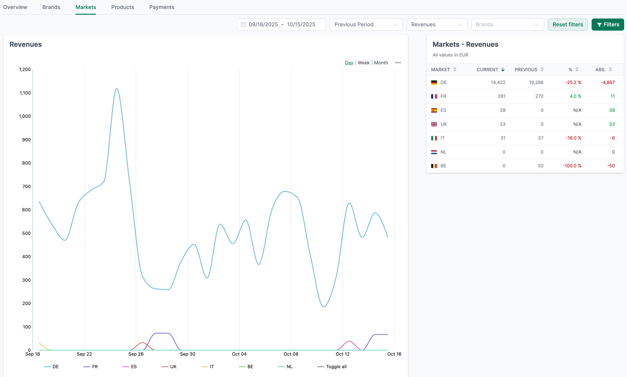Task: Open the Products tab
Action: coord(122,7)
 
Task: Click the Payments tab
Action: coord(162,7)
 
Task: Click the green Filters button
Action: coord(608,25)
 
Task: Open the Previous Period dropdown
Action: coord(366,25)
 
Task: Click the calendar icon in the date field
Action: coord(243,25)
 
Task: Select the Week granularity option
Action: coord(363,63)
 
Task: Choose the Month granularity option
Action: coord(381,63)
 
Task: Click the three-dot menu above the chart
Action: coord(398,63)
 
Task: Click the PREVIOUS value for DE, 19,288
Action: coord(536,83)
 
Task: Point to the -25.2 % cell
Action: coord(573,83)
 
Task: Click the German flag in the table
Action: coord(434,83)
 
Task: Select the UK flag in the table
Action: coord(434,124)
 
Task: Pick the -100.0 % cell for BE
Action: coord(572,166)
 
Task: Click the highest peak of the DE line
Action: coord(117,89)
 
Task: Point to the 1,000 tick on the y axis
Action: coord(25,116)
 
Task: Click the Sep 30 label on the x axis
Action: coord(187,354)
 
